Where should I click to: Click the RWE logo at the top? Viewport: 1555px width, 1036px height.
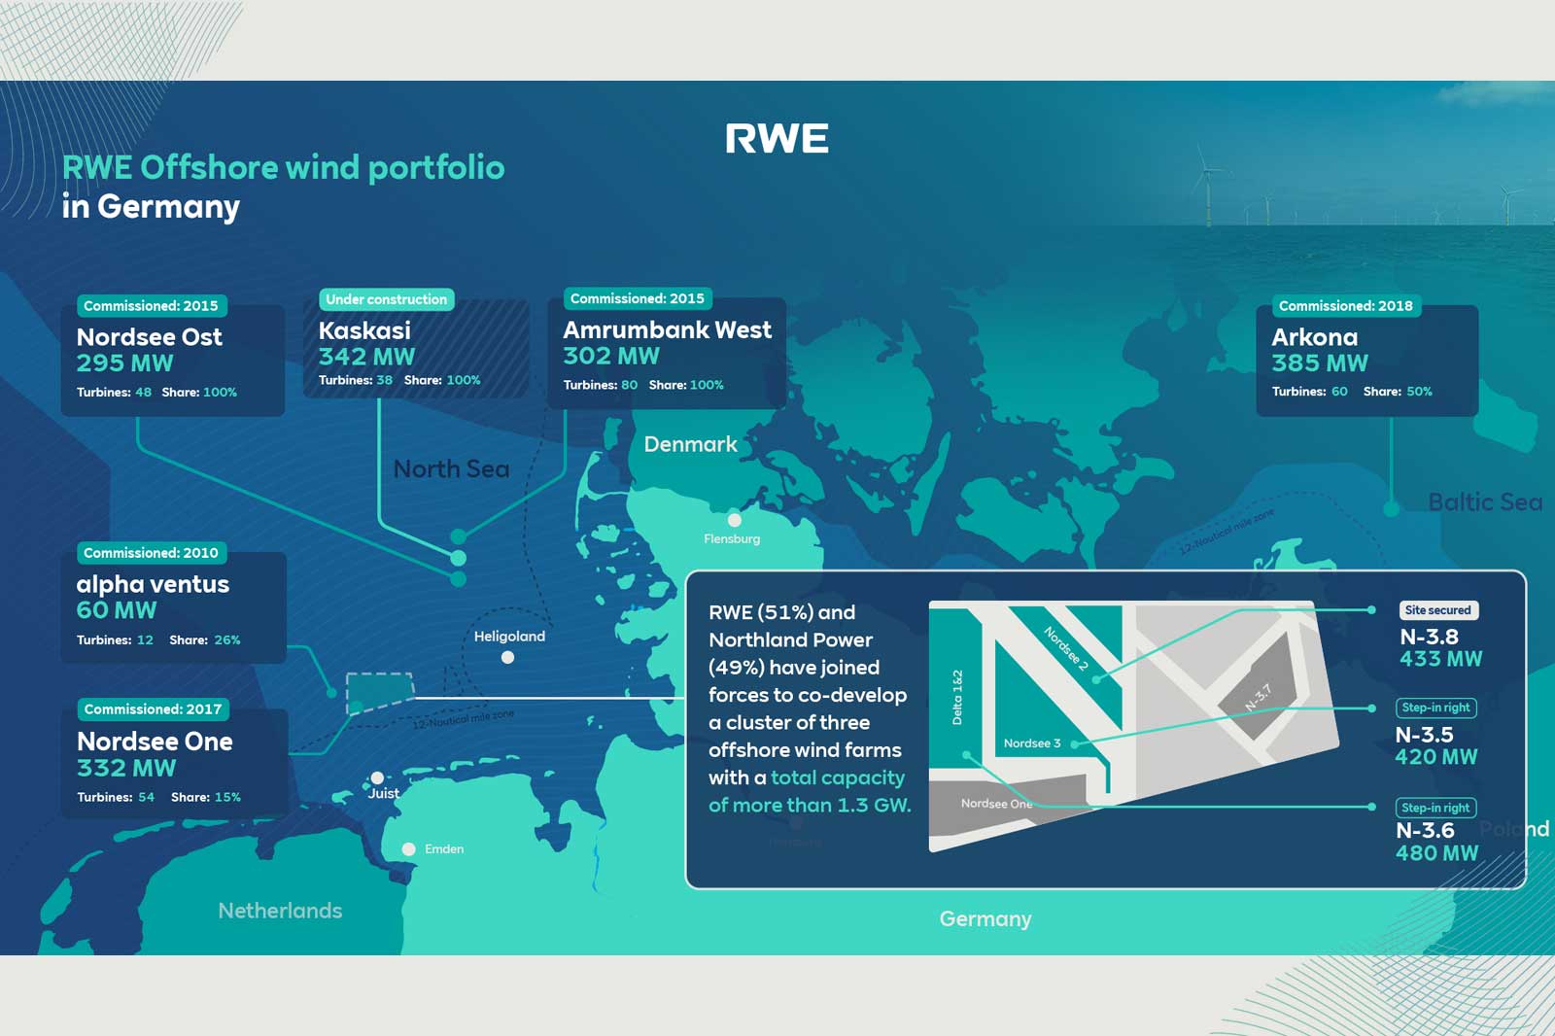click(777, 139)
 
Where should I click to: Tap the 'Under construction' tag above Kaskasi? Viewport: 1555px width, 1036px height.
click(386, 299)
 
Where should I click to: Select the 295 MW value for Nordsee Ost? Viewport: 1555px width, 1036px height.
click(124, 363)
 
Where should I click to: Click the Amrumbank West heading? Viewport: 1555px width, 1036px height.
click(667, 330)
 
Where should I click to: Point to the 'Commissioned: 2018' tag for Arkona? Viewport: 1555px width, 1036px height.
click(1345, 306)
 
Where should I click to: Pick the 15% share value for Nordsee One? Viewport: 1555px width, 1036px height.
click(227, 797)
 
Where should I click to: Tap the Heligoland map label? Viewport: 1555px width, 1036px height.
click(509, 637)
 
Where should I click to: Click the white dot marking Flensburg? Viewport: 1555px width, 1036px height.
click(735, 520)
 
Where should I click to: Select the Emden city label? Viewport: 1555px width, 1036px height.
click(444, 849)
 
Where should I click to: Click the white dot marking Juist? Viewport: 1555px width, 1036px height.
click(377, 777)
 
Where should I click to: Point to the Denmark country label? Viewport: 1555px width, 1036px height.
click(690, 444)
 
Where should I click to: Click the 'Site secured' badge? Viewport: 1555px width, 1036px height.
click(1437, 610)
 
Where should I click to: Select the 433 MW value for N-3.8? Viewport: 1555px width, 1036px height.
click(1440, 659)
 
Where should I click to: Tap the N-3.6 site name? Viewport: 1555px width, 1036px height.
click(1425, 831)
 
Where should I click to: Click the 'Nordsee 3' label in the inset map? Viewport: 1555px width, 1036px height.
click(1031, 743)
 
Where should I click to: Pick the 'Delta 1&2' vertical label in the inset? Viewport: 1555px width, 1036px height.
click(957, 697)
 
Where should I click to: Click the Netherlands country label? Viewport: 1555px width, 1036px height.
click(280, 911)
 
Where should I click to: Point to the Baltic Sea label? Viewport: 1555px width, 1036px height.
click(1484, 502)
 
